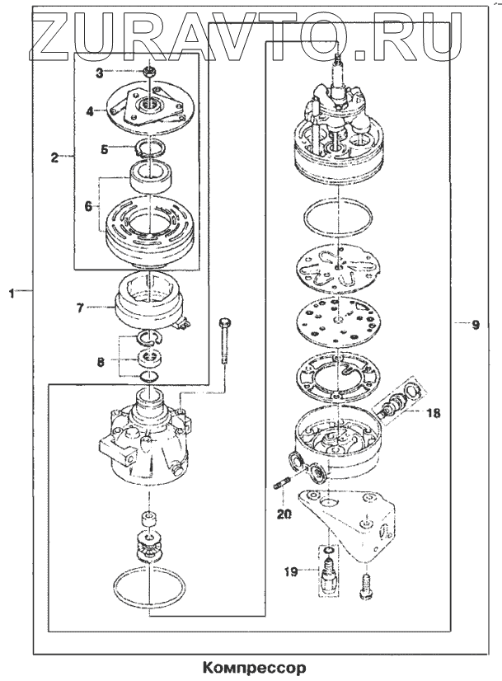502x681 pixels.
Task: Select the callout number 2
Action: click(x=54, y=157)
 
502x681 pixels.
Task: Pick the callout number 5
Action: click(x=104, y=149)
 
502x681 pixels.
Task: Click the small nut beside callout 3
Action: click(x=148, y=73)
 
